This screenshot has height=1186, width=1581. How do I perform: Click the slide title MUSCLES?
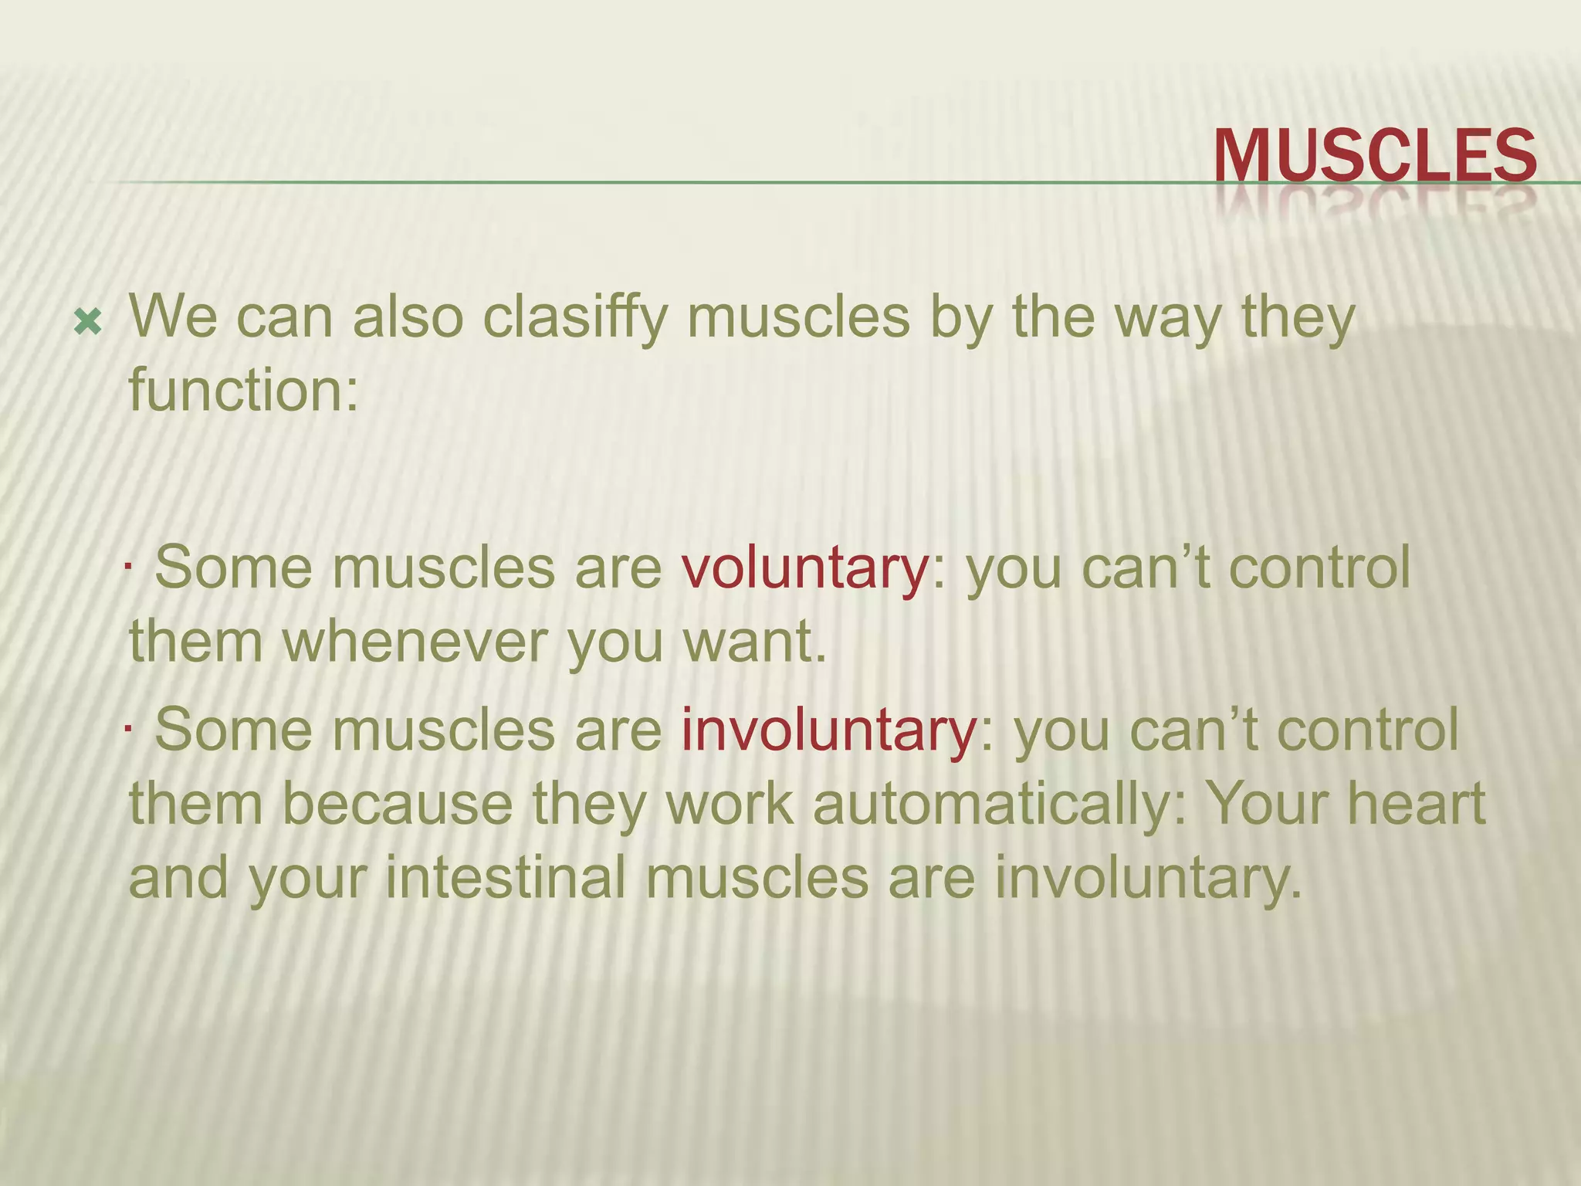[x=1375, y=157]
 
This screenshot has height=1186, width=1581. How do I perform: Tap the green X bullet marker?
[x=89, y=321]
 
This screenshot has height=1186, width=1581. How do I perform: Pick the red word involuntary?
[x=829, y=730]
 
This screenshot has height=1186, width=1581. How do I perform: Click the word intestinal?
[x=505, y=878]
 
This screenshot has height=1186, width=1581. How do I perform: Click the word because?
[x=397, y=804]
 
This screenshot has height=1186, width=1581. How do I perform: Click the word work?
[x=730, y=804]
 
